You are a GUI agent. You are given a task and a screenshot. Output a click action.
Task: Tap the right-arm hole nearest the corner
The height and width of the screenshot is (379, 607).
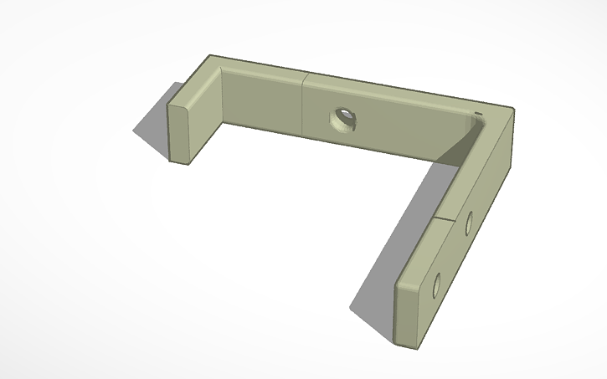(x=469, y=222)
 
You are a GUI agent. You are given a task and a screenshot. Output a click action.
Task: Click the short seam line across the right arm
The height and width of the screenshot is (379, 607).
(x=449, y=218)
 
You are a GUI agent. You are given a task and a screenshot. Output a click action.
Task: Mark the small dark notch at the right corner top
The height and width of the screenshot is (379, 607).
(x=478, y=113)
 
